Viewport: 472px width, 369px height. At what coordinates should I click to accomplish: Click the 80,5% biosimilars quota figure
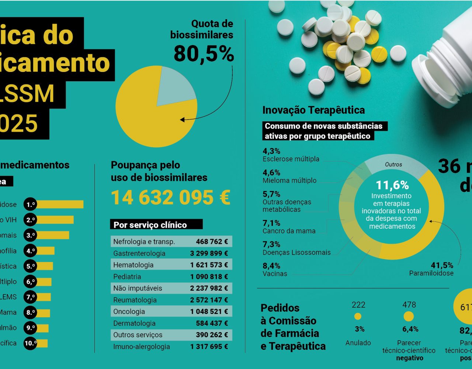[x=204, y=54]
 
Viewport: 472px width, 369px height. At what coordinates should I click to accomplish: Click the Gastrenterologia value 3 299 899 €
[x=209, y=254]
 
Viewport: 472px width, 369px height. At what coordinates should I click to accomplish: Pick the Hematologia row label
[x=133, y=265]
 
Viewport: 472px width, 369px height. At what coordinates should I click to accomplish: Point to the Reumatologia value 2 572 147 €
[x=209, y=300]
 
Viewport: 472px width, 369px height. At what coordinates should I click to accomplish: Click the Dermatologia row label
[x=134, y=323]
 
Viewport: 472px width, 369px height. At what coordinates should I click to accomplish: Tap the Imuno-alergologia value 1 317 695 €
[x=209, y=346]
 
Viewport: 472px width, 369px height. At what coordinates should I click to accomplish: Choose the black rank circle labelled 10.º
[x=30, y=343]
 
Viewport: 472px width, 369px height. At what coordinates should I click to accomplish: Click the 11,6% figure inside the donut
[x=392, y=185]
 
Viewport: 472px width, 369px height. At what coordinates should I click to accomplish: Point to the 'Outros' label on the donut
[x=393, y=165]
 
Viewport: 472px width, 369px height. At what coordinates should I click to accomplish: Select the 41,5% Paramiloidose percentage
[x=442, y=265]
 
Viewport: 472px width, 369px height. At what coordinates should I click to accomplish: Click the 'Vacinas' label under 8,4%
[x=275, y=274]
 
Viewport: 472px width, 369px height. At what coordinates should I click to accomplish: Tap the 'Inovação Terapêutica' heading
[x=313, y=110]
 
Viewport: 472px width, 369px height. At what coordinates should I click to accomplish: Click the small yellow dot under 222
[x=358, y=316]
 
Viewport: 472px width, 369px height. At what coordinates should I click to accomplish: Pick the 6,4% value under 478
[x=410, y=329]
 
